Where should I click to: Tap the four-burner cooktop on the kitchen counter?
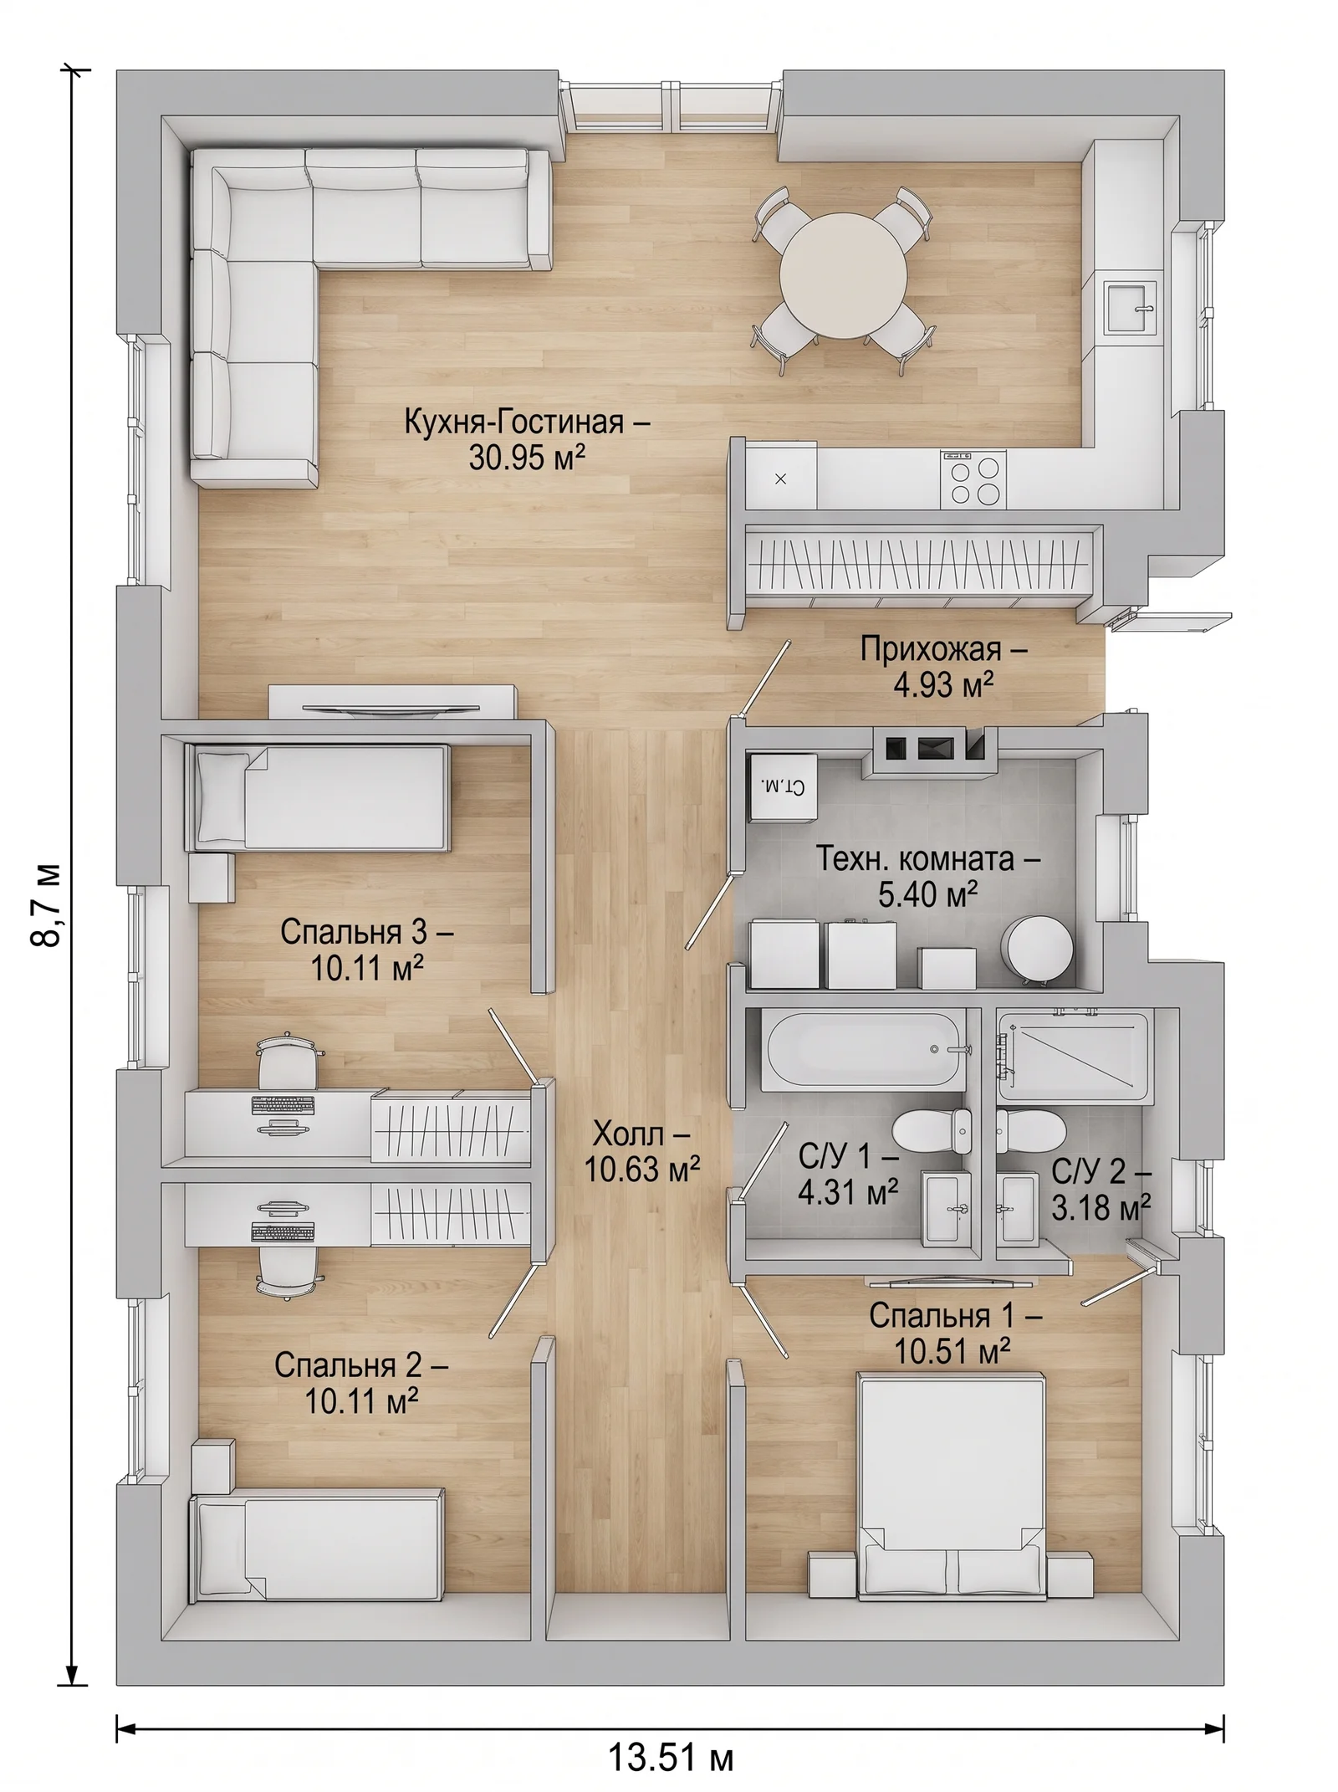[x=972, y=479]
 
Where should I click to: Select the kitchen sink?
[x=1131, y=308]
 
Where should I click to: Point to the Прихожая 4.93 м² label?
[x=943, y=667]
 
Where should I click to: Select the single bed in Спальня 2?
[x=318, y=1549]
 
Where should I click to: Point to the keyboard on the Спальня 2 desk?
[x=283, y=1231]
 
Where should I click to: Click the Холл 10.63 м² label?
[x=641, y=1152]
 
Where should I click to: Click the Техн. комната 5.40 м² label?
[x=927, y=876]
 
